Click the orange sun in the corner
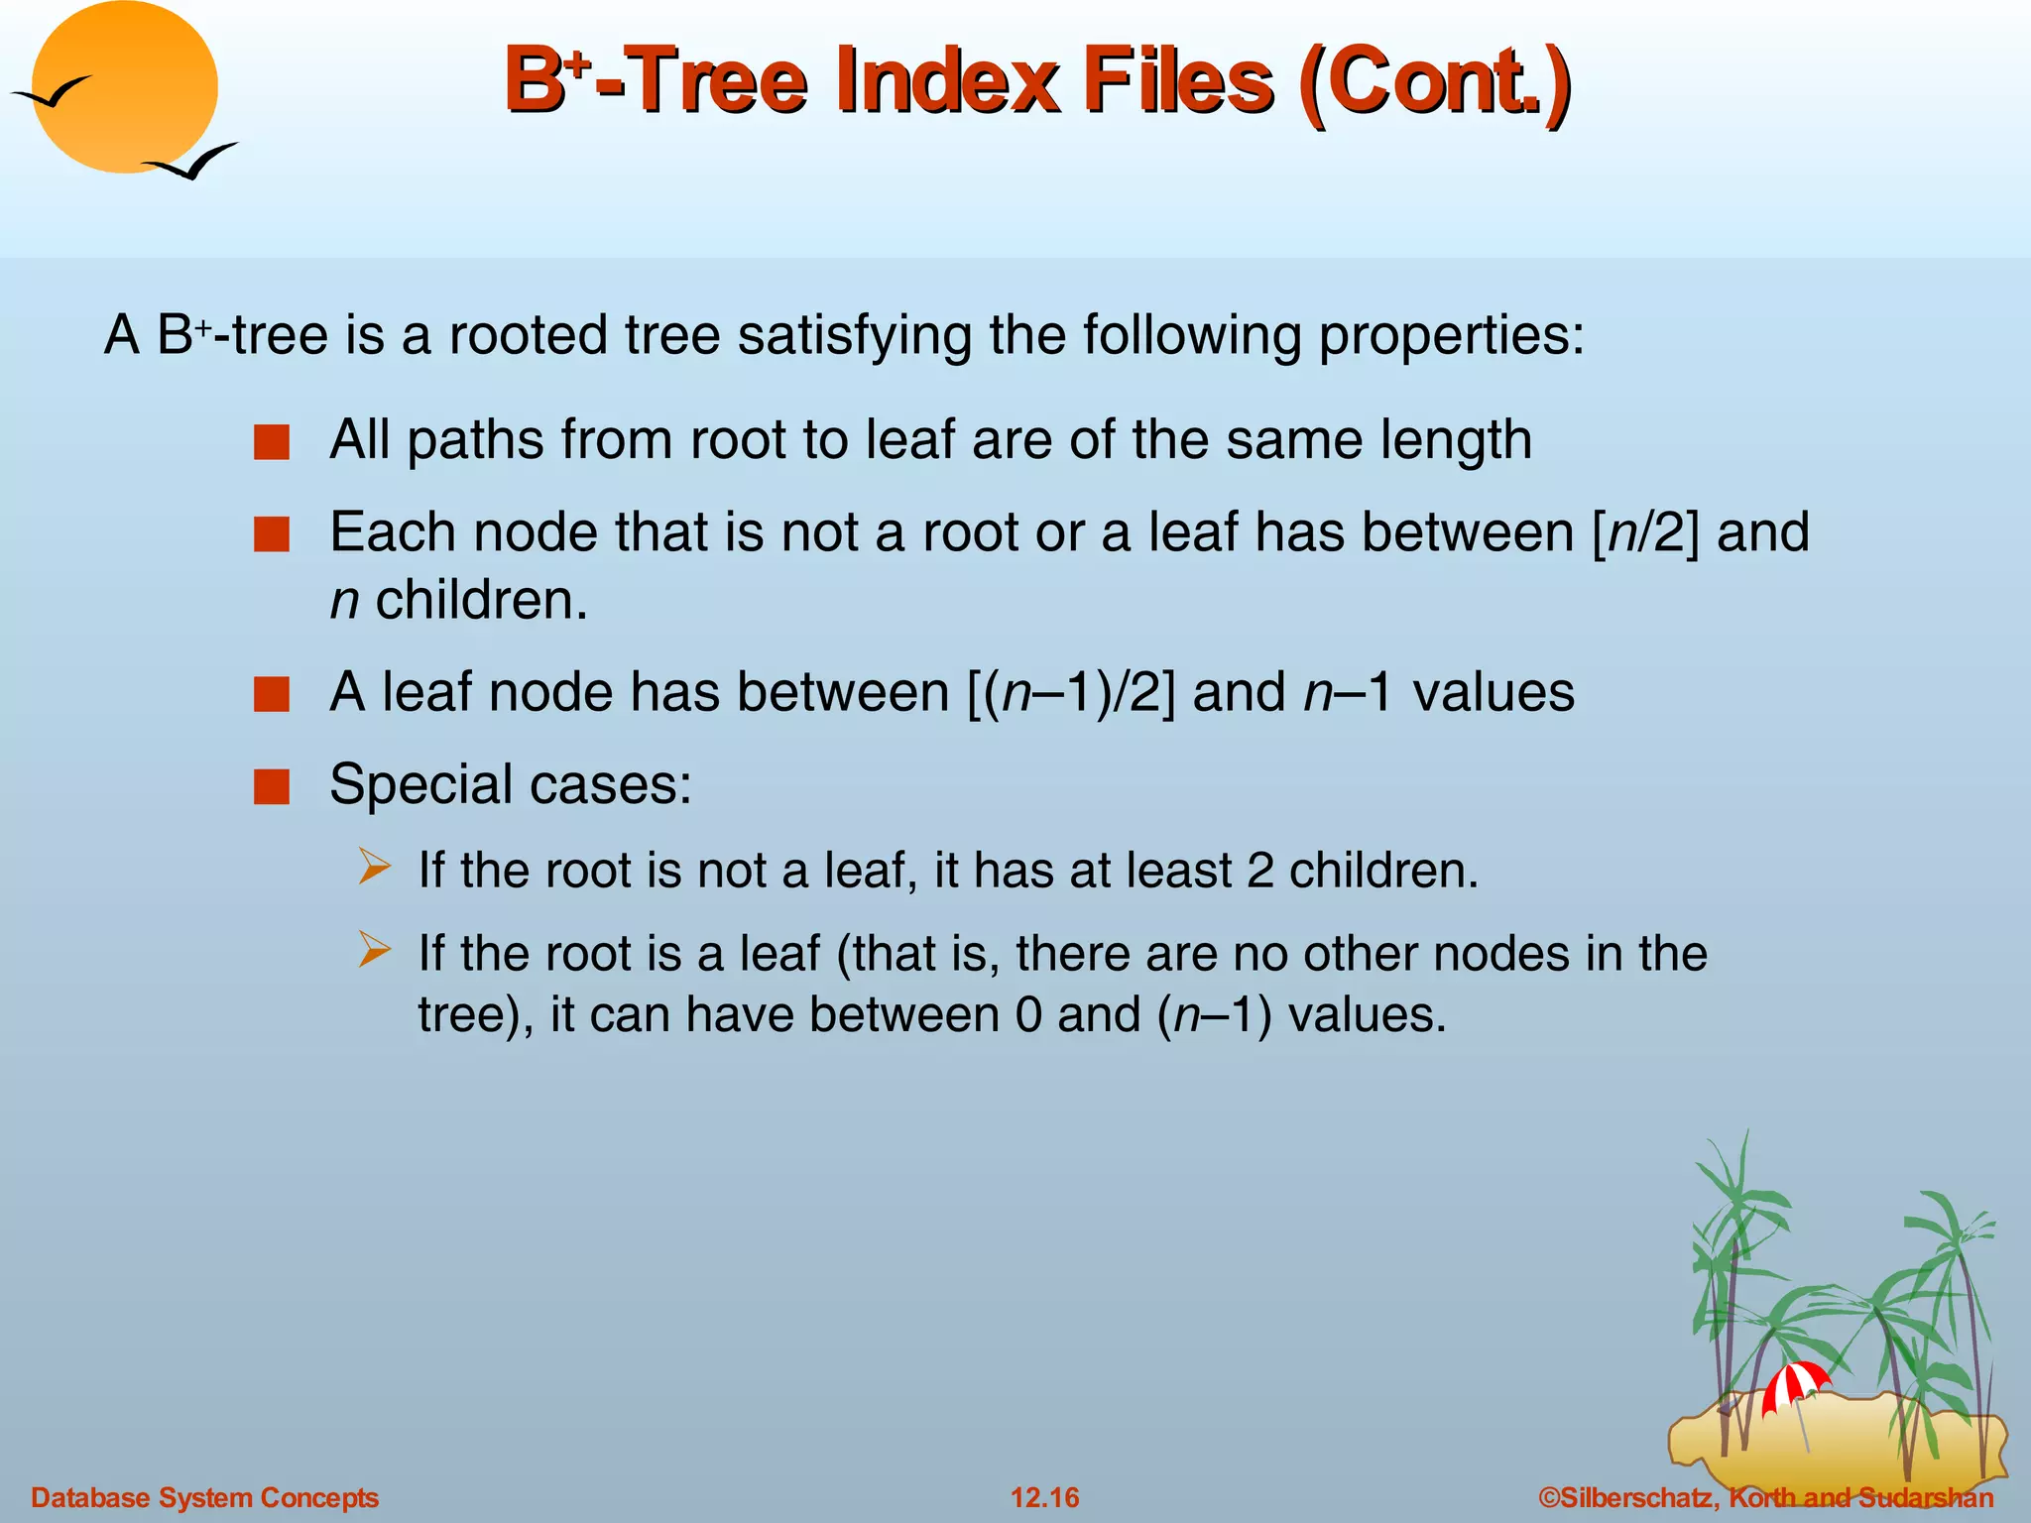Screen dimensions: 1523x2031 (x=125, y=87)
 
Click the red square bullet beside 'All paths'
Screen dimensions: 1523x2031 (x=271, y=442)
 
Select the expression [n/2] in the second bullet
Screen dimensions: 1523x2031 (x=1645, y=532)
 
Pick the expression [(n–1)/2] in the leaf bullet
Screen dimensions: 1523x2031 (x=1071, y=692)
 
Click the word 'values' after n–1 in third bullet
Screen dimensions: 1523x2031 (x=1493, y=692)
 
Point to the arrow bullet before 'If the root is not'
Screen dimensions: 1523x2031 (x=375, y=868)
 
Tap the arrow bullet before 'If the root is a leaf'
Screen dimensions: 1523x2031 (x=375, y=951)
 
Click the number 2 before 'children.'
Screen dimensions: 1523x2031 (x=1259, y=871)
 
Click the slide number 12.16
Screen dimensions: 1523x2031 (x=1044, y=1497)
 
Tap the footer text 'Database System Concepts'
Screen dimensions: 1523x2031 (x=204, y=1497)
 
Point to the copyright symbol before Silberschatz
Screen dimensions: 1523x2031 (x=1548, y=1497)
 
